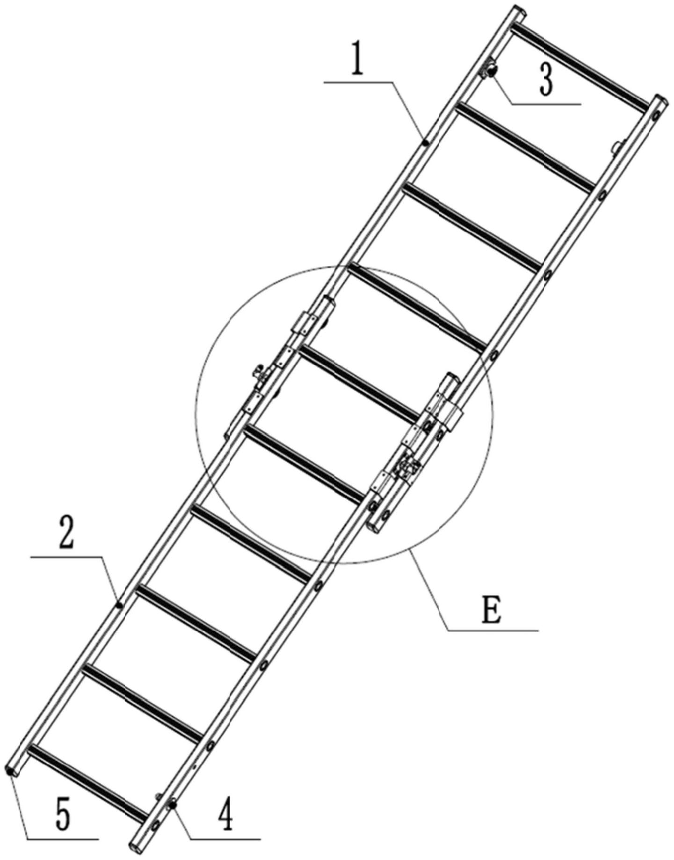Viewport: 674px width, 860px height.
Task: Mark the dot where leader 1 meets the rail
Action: tap(425, 142)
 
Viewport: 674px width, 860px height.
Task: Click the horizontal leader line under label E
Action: tap(493, 630)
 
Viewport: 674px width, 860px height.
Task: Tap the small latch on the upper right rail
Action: tap(618, 146)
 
